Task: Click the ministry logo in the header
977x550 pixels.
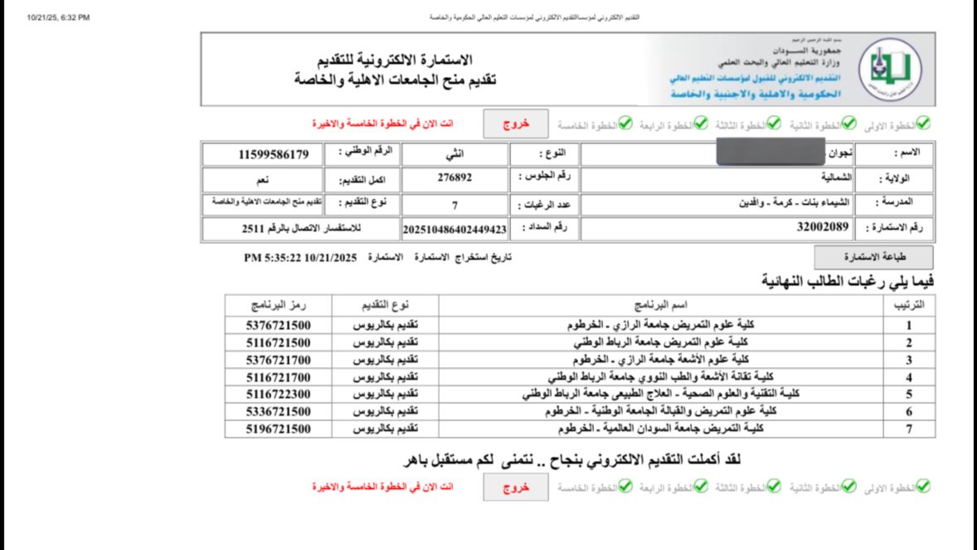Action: (x=890, y=69)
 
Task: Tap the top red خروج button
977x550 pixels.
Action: (x=515, y=124)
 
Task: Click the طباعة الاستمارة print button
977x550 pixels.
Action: (x=874, y=257)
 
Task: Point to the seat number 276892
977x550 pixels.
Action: (x=454, y=177)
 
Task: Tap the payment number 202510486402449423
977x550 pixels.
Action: (x=454, y=229)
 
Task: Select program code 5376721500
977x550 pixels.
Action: (x=278, y=325)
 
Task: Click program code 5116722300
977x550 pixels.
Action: (x=278, y=394)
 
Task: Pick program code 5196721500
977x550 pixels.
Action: (x=278, y=429)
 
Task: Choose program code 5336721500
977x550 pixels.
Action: (x=278, y=411)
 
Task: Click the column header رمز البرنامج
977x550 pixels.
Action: (x=278, y=305)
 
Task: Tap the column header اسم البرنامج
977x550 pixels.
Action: (x=661, y=305)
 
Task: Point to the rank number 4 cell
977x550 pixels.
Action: (x=909, y=378)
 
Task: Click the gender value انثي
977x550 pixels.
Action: (x=454, y=154)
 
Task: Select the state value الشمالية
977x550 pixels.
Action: (x=836, y=177)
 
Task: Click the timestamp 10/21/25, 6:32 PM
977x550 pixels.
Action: (x=58, y=17)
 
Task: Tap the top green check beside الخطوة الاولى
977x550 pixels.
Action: (x=924, y=123)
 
